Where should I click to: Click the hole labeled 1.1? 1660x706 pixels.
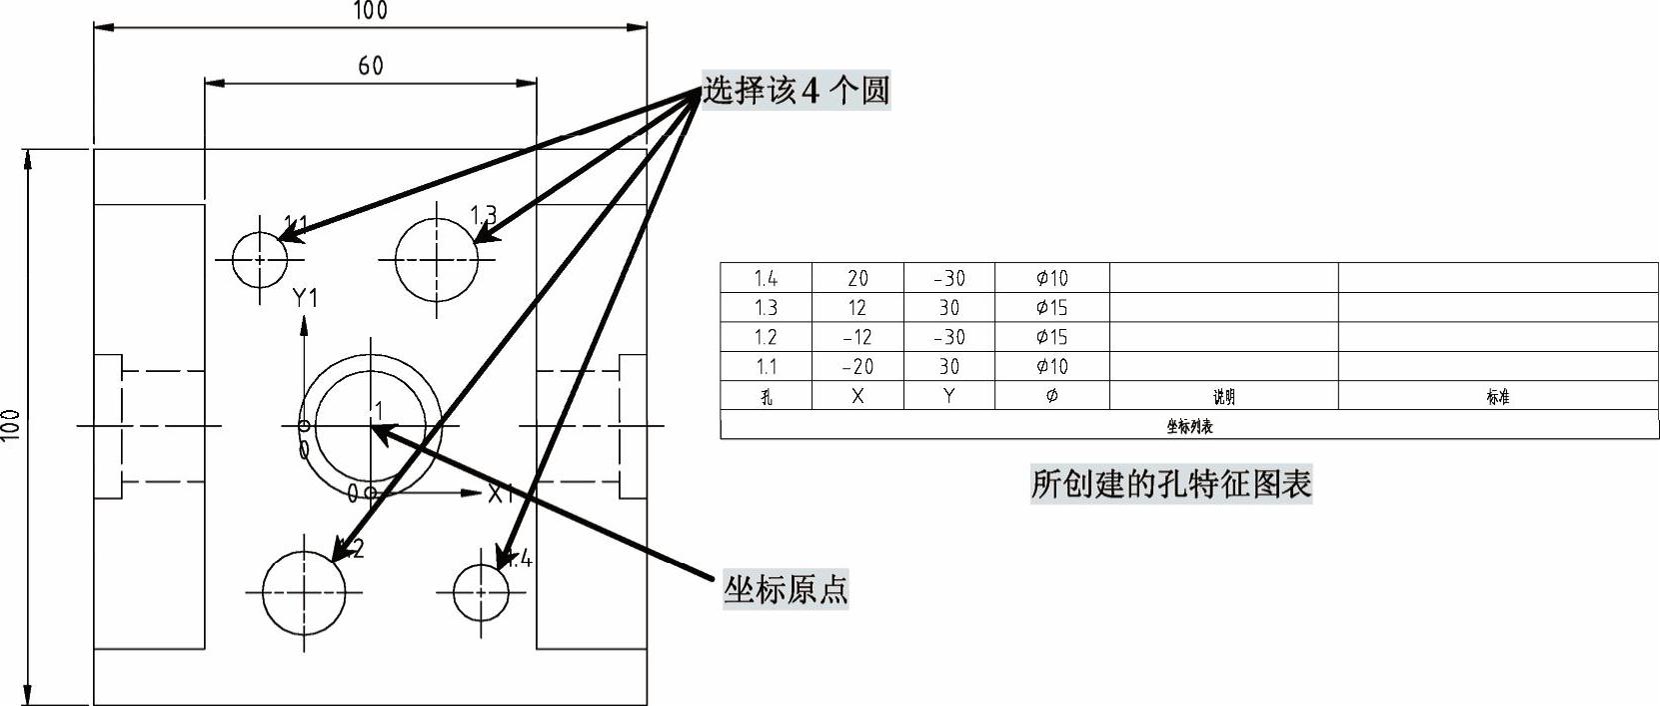point(260,259)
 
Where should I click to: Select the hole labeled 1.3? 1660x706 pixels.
point(437,259)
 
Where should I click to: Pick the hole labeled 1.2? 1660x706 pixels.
point(304,592)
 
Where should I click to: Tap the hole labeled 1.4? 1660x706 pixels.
point(481,592)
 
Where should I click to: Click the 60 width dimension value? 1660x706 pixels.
point(371,66)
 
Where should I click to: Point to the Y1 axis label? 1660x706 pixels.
point(305,298)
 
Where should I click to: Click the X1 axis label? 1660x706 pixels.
point(501,493)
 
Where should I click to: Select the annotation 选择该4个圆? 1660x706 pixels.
point(796,91)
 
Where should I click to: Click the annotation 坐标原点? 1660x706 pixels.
point(786,590)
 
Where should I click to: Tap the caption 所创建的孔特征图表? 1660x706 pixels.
point(1170,484)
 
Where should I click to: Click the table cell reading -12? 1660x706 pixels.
point(857,337)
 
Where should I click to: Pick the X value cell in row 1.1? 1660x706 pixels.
point(857,366)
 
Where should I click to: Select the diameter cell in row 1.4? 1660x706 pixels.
point(1051,278)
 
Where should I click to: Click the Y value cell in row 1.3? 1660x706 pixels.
point(948,307)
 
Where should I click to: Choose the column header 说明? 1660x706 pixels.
point(1223,396)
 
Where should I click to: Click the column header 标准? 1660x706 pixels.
point(1497,396)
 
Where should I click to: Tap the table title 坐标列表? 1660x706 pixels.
point(1189,426)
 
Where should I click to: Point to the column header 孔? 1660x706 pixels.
point(767,396)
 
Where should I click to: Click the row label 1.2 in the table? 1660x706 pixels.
point(767,337)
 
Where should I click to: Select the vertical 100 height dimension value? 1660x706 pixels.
point(11,427)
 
